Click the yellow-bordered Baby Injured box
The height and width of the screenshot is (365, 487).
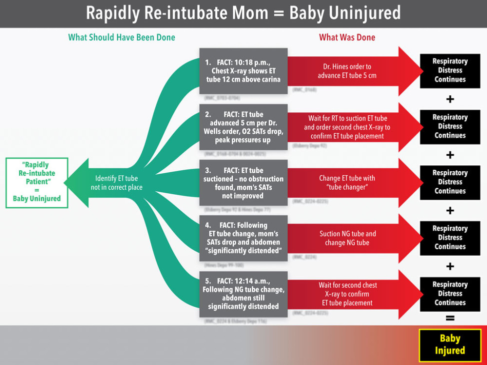pyautogui.click(x=450, y=345)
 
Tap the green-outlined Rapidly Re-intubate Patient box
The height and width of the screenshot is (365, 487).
pyautogui.click(x=37, y=182)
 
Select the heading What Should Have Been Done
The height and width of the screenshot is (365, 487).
pyautogui.click(x=121, y=37)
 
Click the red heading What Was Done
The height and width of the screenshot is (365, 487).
pyautogui.click(x=347, y=37)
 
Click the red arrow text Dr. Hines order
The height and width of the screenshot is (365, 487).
pyautogui.click(x=347, y=71)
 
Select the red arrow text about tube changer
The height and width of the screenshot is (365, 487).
pyautogui.click(x=347, y=182)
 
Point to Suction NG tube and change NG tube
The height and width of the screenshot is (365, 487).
pyautogui.click(x=348, y=238)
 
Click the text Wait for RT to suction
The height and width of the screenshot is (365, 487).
pyautogui.click(x=347, y=127)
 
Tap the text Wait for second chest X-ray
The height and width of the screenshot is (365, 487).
pyautogui.click(x=348, y=294)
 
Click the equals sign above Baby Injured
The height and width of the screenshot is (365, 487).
pyautogui.click(x=450, y=318)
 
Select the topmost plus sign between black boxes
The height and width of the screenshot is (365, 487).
pyautogui.click(x=450, y=99)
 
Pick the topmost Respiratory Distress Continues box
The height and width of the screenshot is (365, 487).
pyautogui.click(x=450, y=70)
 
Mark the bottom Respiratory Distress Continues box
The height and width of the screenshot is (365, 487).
pyautogui.click(x=450, y=294)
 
